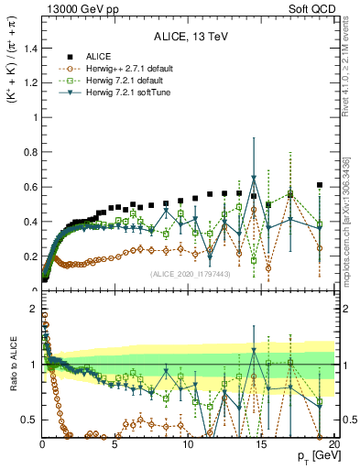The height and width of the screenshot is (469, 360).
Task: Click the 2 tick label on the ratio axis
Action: (33, 307)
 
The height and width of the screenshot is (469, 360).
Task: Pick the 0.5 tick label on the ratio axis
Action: (28, 420)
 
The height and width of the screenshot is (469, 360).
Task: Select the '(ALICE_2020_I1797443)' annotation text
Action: (191, 273)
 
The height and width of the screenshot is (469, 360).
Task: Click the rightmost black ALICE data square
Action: (320, 185)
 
